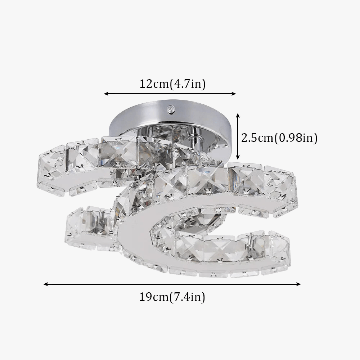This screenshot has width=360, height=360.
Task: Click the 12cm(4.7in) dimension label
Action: [x=172, y=84]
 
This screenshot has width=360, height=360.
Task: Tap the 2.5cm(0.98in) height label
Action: [x=279, y=138]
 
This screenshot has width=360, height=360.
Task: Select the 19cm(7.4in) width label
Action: [x=172, y=297]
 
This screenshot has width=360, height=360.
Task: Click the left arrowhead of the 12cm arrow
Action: [x=106, y=94]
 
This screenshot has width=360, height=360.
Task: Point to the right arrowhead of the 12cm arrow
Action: [x=234, y=94]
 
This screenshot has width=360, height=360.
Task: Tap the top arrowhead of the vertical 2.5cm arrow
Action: [x=238, y=116]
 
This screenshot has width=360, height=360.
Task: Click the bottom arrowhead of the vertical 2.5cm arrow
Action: [x=238, y=157]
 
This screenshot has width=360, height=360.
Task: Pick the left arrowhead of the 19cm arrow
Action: [x=46, y=284]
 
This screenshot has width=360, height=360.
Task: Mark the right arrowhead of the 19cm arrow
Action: [x=298, y=284]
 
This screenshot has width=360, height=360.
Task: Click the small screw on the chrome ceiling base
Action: [x=170, y=109]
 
